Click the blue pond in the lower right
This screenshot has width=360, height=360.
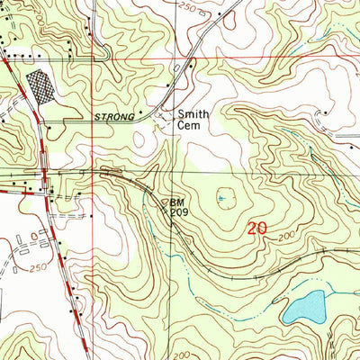304,308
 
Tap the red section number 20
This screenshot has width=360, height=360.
256,229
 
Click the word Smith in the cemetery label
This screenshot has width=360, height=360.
192,114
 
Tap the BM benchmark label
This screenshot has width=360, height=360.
178,202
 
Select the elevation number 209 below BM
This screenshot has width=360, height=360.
180,214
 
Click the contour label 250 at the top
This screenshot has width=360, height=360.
212,7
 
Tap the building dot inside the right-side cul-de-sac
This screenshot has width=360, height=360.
325,114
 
